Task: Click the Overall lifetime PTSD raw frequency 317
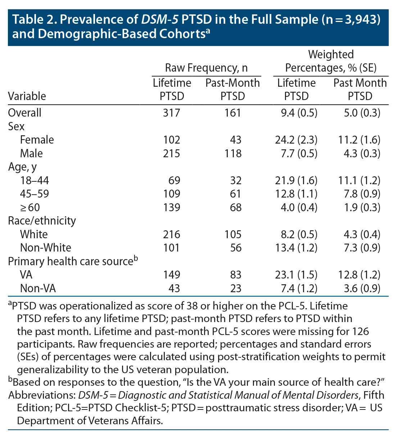[171, 113]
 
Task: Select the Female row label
[37, 140]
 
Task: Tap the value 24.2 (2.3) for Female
[296, 140]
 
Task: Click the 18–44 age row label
[35, 180]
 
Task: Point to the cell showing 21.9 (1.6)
[296, 180]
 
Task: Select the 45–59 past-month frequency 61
[235, 194]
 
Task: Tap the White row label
[34, 234]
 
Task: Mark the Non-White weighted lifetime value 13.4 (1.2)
[296, 248]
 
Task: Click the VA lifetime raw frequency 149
[171, 275]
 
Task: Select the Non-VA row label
[38, 288]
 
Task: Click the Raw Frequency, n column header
[206, 68]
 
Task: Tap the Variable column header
[27, 96]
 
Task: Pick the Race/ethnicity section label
[42, 221]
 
